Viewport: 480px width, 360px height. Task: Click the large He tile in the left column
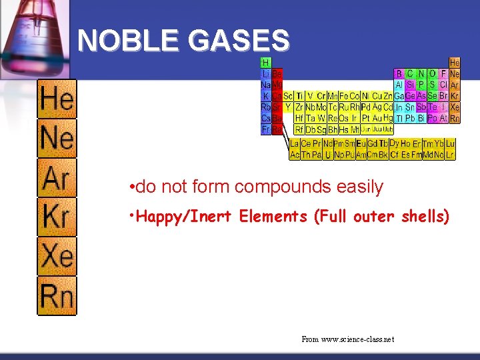tap(57, 100)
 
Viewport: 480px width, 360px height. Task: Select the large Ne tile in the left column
tap(57, 139)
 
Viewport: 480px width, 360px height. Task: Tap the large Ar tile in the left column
tap(57, 178)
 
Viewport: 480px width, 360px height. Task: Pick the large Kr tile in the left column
tap(57, 217)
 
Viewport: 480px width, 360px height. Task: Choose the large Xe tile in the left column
tap(57, 256)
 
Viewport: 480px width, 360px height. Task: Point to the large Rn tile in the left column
tap(57, 295)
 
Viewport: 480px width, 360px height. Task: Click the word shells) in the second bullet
tap(425, 217)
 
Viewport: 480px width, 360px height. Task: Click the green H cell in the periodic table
tap(265, 63)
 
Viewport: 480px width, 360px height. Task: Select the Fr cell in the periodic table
tap(265, 129)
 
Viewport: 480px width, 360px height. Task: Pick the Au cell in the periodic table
tap(376, 118)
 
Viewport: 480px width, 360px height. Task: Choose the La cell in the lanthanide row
tap(295, 143)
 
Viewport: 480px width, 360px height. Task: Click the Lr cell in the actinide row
tap(450, 155)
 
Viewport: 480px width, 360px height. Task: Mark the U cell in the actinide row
tap(327, 155)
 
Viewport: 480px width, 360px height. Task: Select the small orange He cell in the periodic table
tap(455, 63)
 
